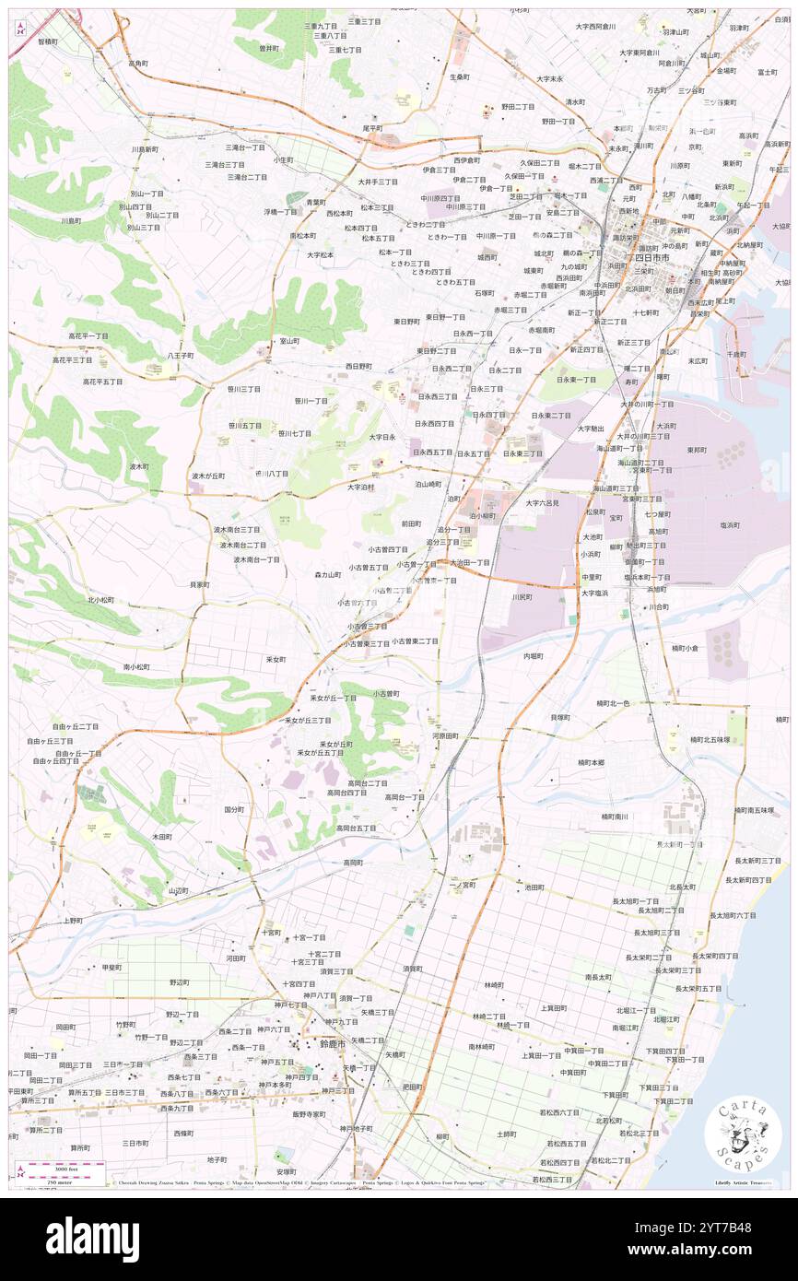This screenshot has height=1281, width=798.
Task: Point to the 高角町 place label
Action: tap(138, 64)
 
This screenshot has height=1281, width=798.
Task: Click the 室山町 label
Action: tap(288, 341)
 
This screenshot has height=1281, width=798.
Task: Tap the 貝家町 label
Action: tap(199, 584)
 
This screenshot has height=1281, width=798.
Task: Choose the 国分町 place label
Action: tap(234, 809)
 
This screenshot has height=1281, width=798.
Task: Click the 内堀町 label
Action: tap(533, 656)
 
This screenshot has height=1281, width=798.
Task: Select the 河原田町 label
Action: tap(445, 736)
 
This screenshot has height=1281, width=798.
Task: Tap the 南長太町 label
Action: tap(598, 976)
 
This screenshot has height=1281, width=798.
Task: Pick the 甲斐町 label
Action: tap(111, 968)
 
